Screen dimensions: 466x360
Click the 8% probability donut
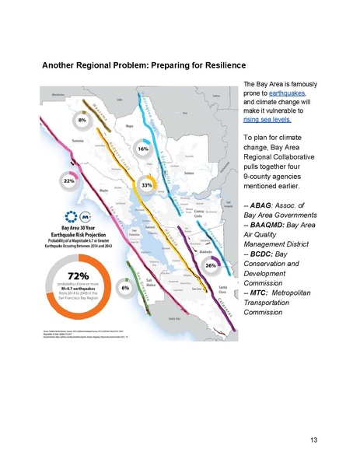coord(82,121)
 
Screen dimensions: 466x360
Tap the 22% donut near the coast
coord(68,180)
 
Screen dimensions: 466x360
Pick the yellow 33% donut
coord(146,187)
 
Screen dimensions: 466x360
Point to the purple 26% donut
coord(210,266)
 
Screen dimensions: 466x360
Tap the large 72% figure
coord(65,276)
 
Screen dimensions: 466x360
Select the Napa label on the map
coord(131,124)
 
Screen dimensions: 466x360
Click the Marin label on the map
coord(103,188)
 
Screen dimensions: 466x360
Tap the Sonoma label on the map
coord(78,142)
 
